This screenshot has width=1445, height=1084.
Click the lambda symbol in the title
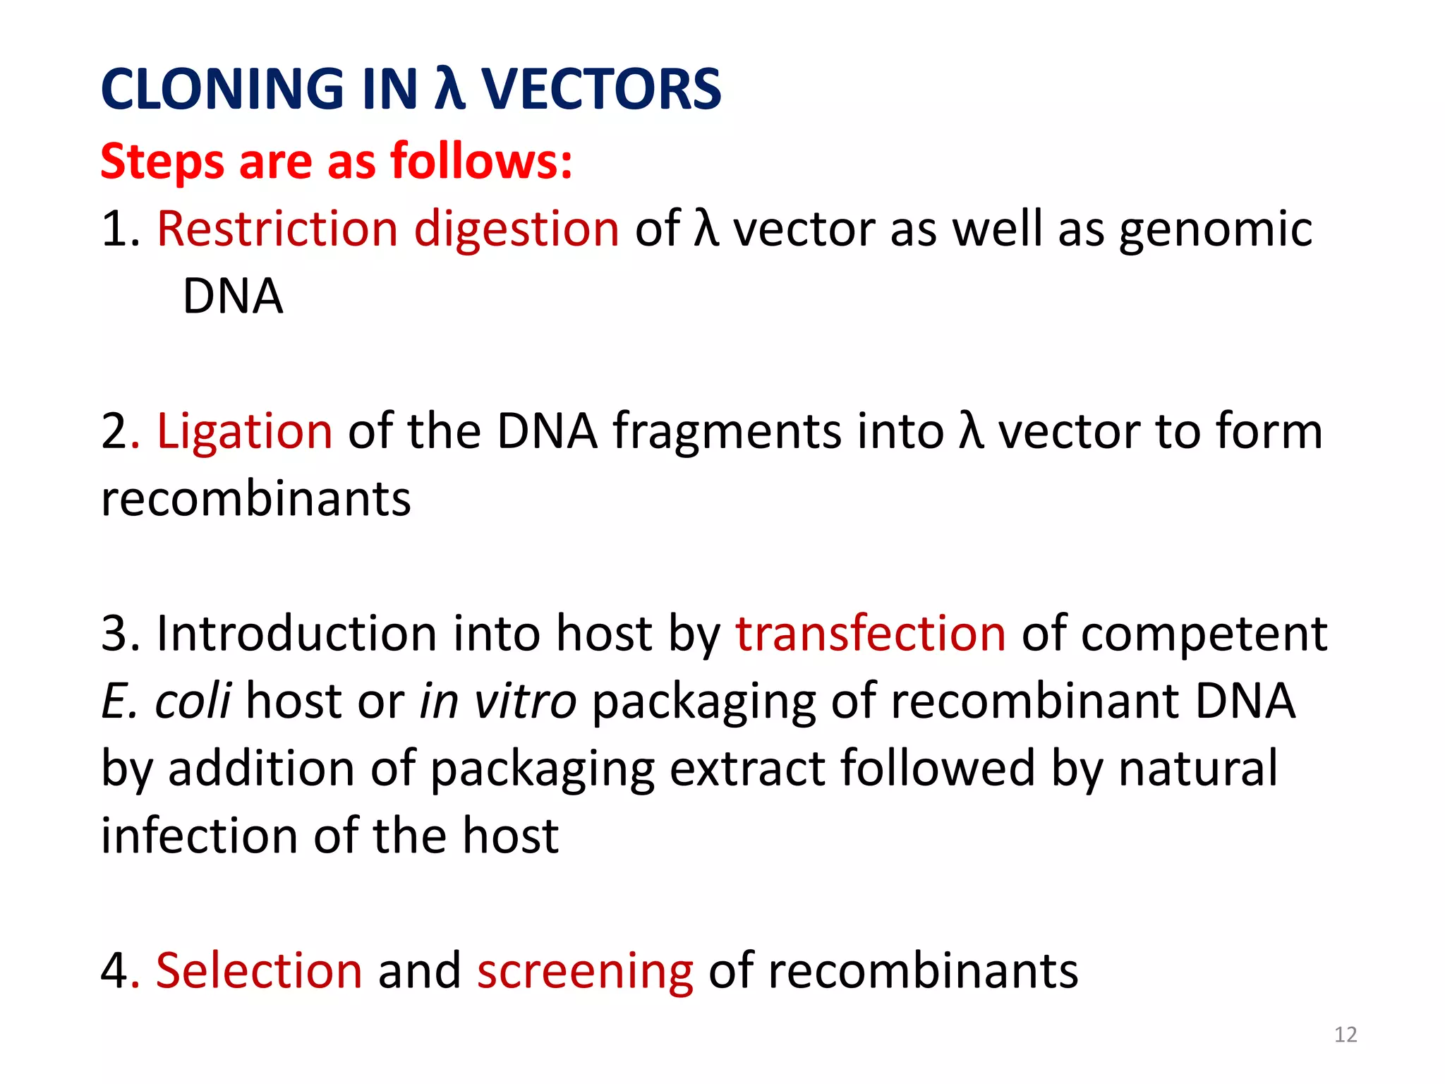click(x=449, y=90)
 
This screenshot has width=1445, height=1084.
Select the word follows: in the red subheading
click(x=481, y=162)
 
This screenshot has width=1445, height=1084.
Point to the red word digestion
click(x=516, y=229)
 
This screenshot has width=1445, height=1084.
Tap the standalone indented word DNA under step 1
click(x=233, y=296)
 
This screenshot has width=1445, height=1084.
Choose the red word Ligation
click(x=244, y=432)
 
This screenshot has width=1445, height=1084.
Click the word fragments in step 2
click(x=726, y=432)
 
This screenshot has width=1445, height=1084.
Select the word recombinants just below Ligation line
click(x=255, y=499)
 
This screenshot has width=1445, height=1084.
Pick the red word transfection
click(x=871, y=633)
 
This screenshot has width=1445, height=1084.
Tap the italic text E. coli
click(x=166, y=701)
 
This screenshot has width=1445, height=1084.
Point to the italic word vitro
click(x=525, y=701)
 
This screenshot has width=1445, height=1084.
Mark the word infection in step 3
click(x=199, y=836)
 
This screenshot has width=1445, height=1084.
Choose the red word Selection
click(x=259, y=970)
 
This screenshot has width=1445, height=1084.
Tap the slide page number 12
click(x=1346, y=1035)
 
